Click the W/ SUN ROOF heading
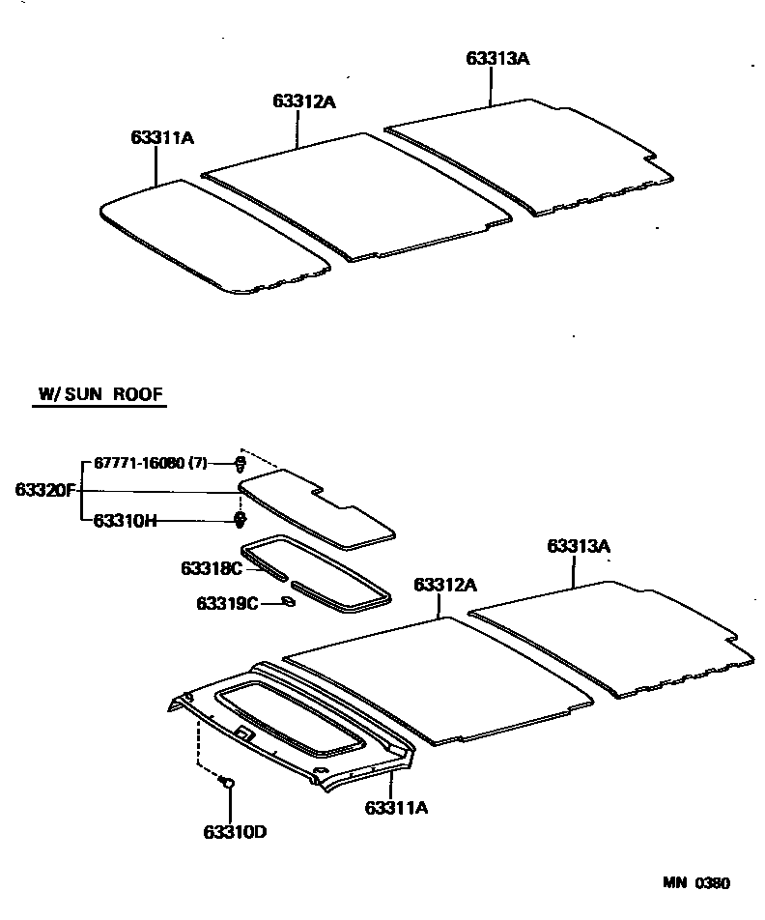(100, 394)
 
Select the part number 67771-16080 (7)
(150, 464)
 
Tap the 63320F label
(44, 490)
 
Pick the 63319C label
(228, 603)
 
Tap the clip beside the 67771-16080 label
(239, 465)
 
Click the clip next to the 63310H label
(239, 522)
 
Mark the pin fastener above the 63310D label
(229, 784)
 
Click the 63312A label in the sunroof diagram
(445, 585)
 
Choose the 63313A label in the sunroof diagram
(580, 546)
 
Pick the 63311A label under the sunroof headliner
(396, 807)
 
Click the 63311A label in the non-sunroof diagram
(163, 138)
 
